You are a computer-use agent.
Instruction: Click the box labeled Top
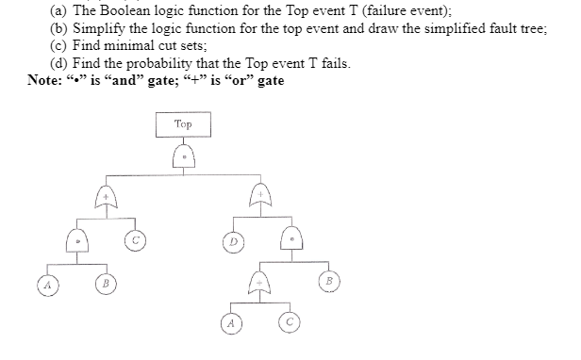tap(183, 123)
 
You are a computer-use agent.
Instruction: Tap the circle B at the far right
tap(328, 279)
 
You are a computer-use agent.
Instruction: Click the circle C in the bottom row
tap(289, 323)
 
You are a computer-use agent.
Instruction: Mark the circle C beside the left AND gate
tap(136, 242)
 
